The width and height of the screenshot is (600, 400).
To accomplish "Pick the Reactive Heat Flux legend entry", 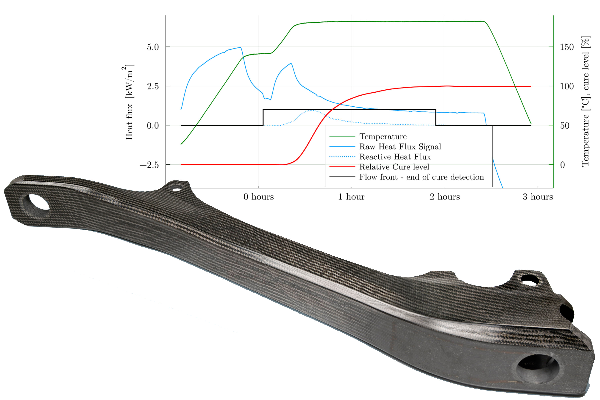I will tap(395, 157).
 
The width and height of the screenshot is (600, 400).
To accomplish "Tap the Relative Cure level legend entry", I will tap(394, 167).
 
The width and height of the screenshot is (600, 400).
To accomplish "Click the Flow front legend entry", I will tap(421, 177).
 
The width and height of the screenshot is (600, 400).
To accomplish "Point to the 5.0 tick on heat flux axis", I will tap(153, 47).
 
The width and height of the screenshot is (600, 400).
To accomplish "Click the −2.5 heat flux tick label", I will tap(149, 165).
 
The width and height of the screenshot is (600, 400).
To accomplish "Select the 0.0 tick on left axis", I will tap(153, 126).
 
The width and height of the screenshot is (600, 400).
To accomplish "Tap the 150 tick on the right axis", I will tap(567, 47).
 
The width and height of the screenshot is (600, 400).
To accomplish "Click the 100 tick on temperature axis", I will tap(567, 86).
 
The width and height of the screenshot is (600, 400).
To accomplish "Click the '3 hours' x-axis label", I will tap(538, 197).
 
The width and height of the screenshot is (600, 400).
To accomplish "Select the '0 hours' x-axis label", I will tap(258, 197).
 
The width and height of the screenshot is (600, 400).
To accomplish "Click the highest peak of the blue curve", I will tap(240, 47).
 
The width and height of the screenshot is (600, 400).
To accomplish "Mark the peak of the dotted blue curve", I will tap(312, 110).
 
